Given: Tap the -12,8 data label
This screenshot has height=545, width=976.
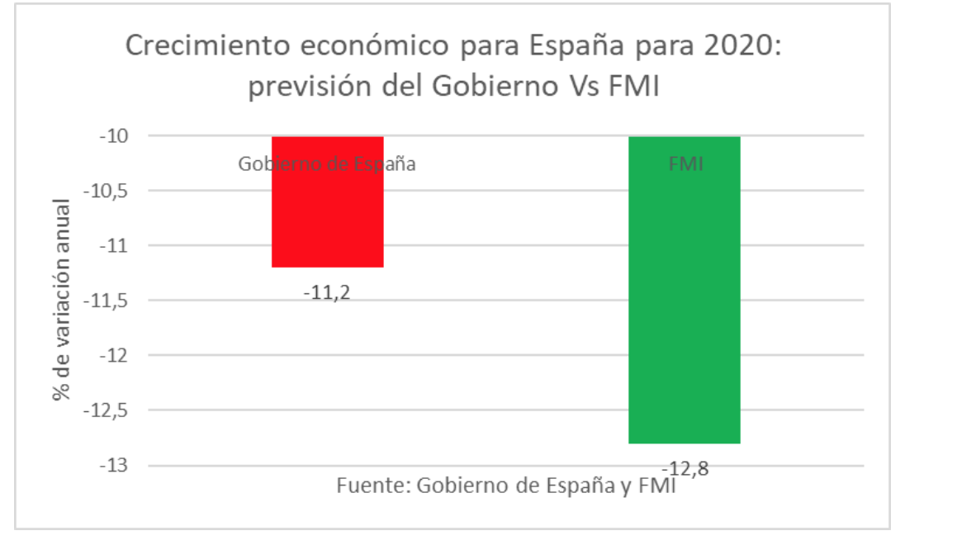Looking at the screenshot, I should (685, 469).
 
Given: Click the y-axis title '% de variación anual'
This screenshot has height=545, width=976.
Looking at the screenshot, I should (62, 301).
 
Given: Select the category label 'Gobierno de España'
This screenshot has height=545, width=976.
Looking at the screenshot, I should (327, 163).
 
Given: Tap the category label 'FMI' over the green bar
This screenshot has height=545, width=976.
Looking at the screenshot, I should (685, 163).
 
